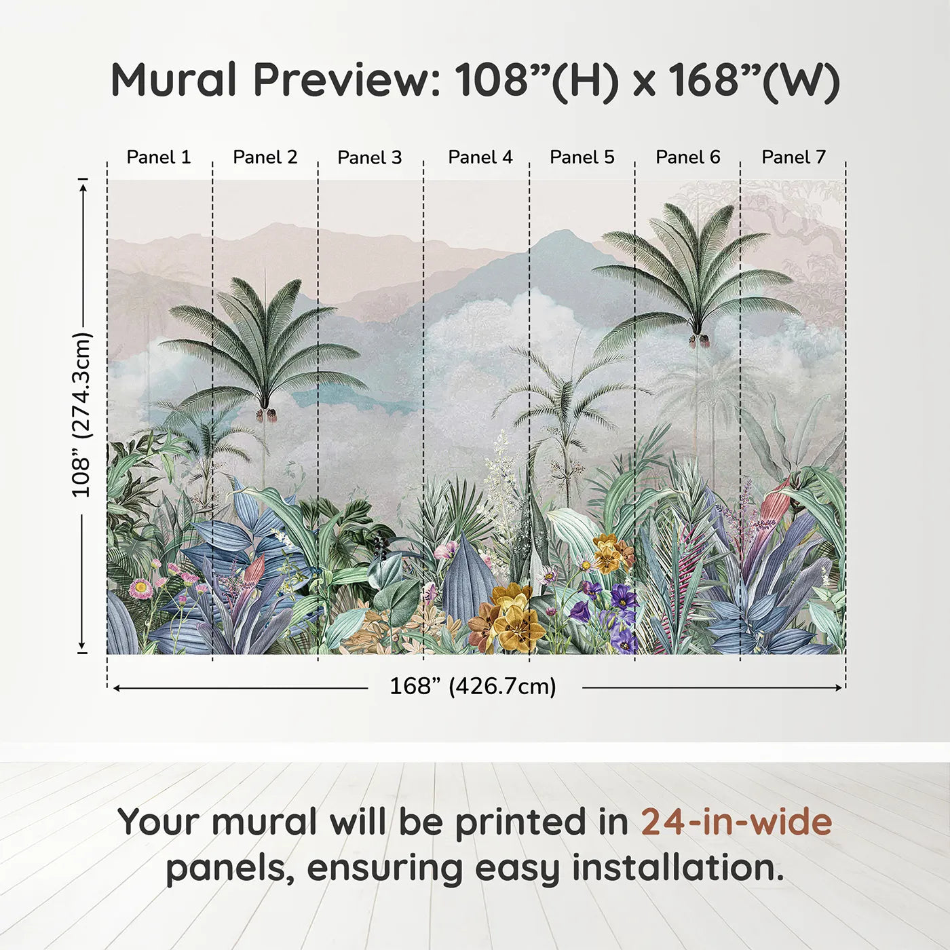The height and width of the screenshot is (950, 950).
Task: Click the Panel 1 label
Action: [x=159, y=157]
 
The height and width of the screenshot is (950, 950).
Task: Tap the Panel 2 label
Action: [x=265, y=157]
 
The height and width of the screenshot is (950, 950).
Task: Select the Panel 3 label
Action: [x=370, y=158]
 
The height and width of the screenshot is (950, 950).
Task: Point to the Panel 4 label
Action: [x=480, y=157]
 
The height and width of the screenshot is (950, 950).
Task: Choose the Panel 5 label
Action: [x=582, y=157]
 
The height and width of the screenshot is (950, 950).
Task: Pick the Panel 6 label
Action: [x=687, y=157]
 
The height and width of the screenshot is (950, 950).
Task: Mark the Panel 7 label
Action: [x=793, y=157]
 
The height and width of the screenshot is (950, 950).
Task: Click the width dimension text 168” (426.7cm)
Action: [x=472, y=687]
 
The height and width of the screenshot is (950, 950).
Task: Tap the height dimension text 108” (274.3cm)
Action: [x=81, y=414]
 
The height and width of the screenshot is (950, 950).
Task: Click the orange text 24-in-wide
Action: [x=736, y=822]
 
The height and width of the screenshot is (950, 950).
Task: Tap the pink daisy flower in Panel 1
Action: [x=141, y=588]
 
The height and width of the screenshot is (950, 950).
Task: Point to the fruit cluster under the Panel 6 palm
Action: [x=698, y=340]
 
